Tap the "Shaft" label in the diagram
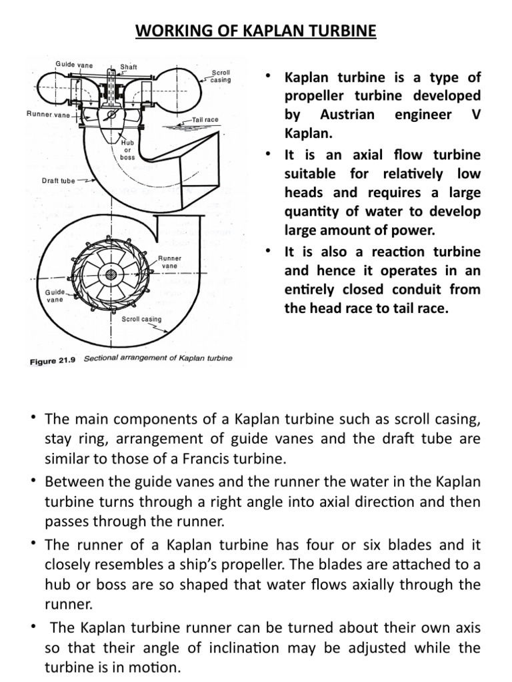(x=129, y=67)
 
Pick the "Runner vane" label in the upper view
(x=48, y=114)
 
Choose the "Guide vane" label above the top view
(x=74, y=65)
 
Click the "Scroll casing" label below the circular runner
(x=141, y=319)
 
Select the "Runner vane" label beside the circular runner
(x=169, y=262)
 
